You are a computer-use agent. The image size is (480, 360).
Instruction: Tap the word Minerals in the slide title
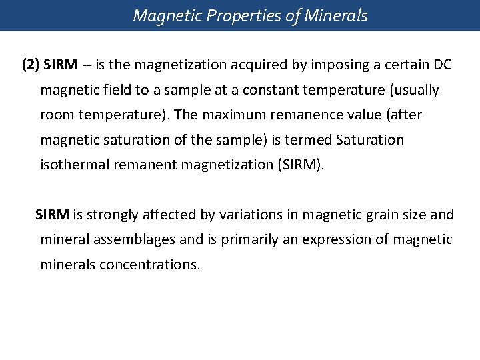[337, 15]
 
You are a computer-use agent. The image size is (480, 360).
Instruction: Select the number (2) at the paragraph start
[31, 65]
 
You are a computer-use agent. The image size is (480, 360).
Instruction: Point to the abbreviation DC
[441, 65]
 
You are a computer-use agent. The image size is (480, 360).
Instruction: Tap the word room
[57, 115]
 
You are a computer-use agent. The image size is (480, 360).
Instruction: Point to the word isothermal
[74, 164]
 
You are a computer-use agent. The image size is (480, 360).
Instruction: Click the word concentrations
[149, 264]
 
